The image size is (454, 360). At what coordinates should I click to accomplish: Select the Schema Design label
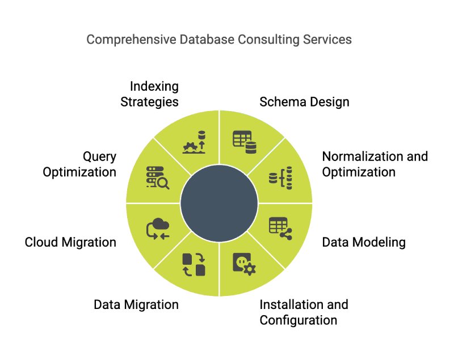pyautogui.click(x=304, y=102)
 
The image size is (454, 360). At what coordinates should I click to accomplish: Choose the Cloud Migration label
pyautogui.click(x=70, y=243)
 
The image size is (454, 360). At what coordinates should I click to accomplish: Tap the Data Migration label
pyautogui.click(x=136, y=304)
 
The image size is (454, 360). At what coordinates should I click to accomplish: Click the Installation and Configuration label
pyautogui.click(x=304, y=312)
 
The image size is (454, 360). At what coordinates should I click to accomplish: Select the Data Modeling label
pyautogui.click(x=364, y=243)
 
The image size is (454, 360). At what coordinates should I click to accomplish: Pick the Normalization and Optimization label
pyautogui.click(x=375, y=164)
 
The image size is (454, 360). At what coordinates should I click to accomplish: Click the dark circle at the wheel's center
pyautogui.click(x=219, y=203)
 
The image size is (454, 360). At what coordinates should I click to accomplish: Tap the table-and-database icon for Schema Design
pyautogui.click(x=245, y=142)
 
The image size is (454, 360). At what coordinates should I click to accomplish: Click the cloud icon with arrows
pyautogui.click(x=158, y=229)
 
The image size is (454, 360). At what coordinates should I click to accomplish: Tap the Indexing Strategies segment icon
pyautogui.click(x=194, y=142)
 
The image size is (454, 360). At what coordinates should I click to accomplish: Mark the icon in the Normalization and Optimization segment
pyautogui.click(x=280, y=177)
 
